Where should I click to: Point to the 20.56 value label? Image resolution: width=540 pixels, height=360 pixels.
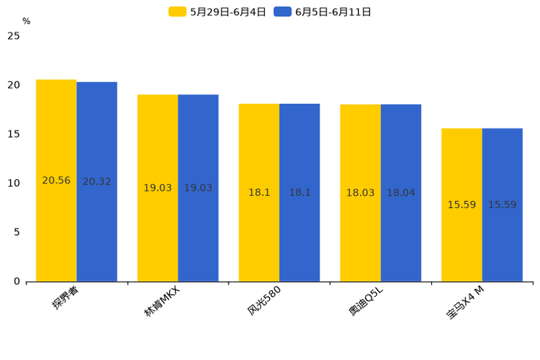[x=56, y=181]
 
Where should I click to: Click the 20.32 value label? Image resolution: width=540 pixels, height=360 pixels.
[x=97, y=181]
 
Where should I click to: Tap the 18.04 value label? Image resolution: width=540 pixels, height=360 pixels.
[x=401, y=193]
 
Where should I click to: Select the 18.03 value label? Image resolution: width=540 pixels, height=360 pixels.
[x=360, y=193]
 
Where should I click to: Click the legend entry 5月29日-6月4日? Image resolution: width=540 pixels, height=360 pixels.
[x=218, y=12]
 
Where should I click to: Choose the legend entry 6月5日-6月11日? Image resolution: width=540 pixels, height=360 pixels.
[x=323, y=12]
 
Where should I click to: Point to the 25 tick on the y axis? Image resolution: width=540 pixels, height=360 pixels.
[x=14, y=36]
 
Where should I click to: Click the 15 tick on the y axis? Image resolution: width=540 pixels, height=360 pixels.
[x=14, y=134]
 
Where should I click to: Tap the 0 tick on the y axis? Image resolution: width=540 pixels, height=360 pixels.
[x=17, y=282]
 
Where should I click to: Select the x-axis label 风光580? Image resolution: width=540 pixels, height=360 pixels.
[x=264, y=300]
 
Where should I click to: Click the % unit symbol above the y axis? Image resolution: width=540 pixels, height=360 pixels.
[x=26, y=22]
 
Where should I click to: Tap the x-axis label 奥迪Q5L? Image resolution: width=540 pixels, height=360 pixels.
[x=366, y=300]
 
